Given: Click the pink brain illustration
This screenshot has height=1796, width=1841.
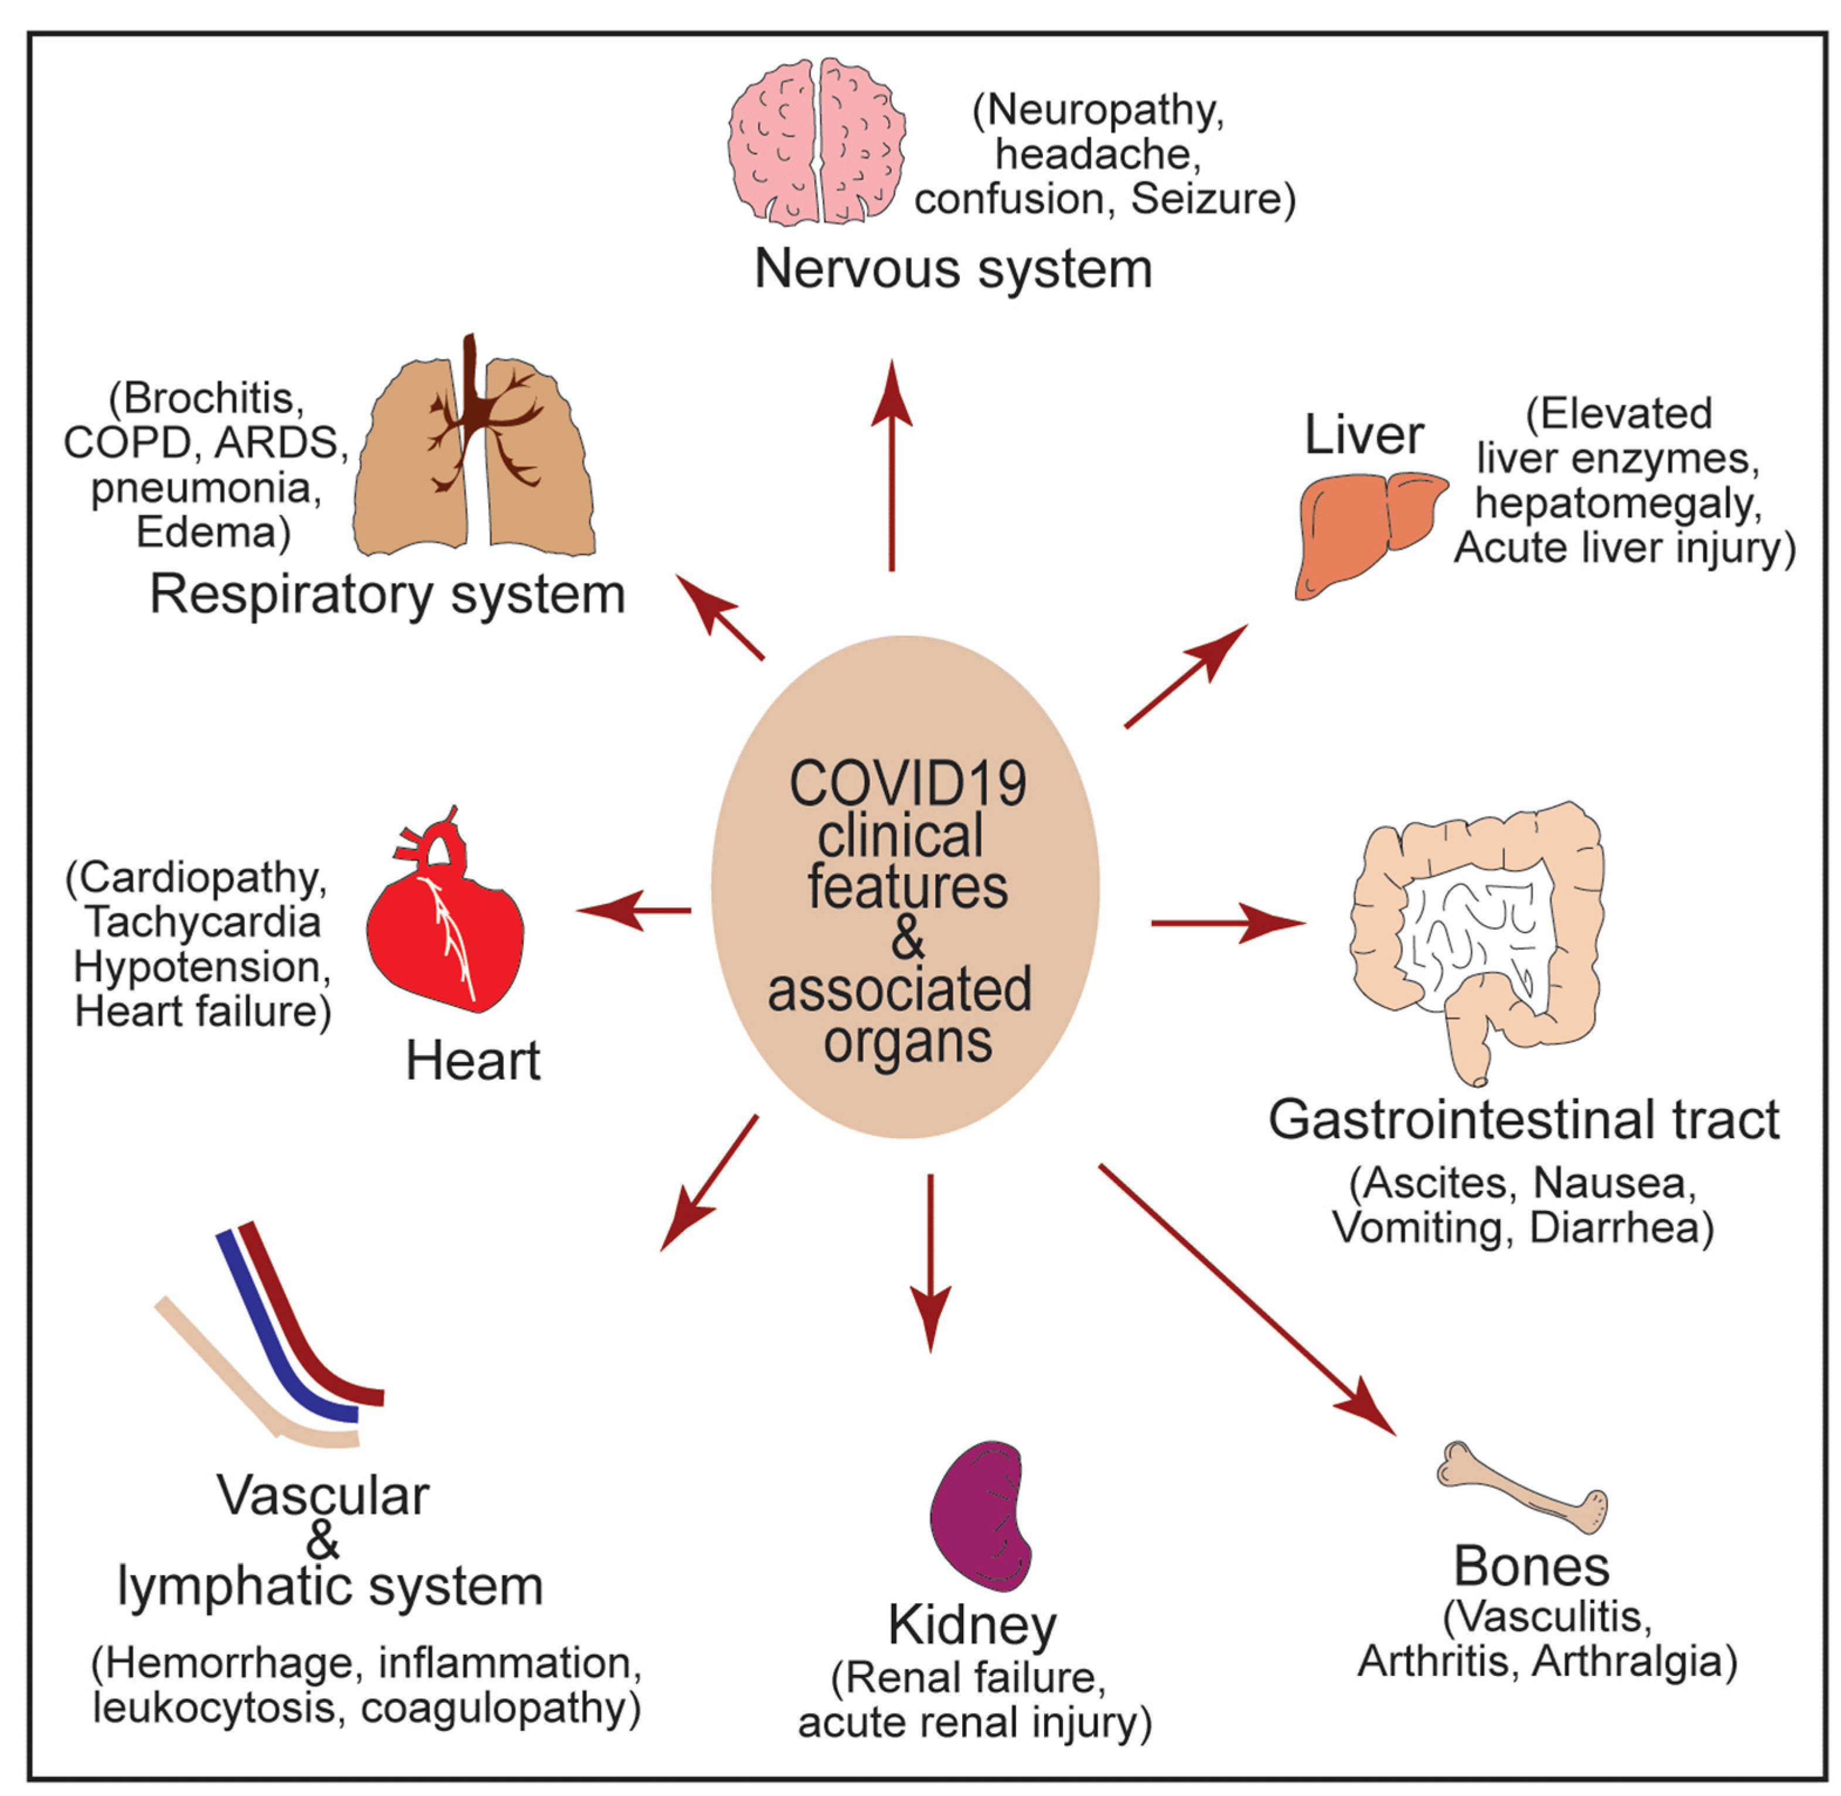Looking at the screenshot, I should coord(816,142).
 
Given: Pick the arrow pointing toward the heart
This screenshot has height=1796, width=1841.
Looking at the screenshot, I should coord(632,910).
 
